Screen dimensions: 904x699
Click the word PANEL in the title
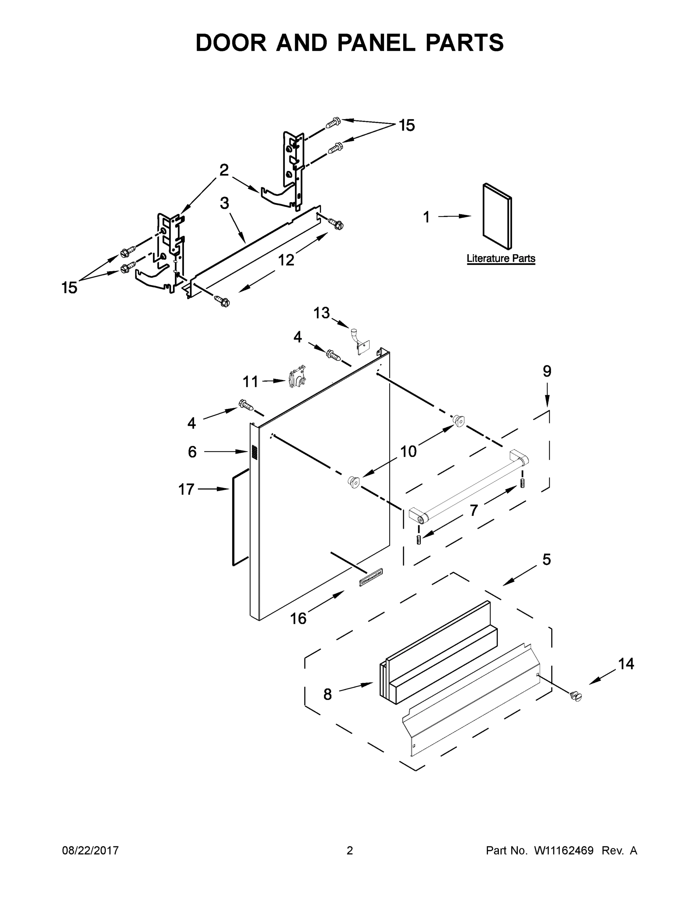coord(376,43)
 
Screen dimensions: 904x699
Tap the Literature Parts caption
coord(501,258)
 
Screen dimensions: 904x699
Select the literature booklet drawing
coord(497,217)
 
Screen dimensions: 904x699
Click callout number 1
coord(427,217)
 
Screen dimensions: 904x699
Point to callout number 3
coord(224,203)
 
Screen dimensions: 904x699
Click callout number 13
coord(321,313)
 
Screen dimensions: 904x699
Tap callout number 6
coord(192,452)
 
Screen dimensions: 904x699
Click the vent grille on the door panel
coord(254,452)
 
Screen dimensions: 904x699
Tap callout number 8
coord(327,694)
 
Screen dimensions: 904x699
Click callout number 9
coord(547,371)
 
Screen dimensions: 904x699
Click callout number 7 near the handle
coord(474,510)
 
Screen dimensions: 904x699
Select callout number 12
coord(286,260)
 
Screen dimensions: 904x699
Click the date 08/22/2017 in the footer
coord(90,851)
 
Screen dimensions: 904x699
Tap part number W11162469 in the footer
coord(564,851)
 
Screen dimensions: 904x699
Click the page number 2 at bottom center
coord(350,851)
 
